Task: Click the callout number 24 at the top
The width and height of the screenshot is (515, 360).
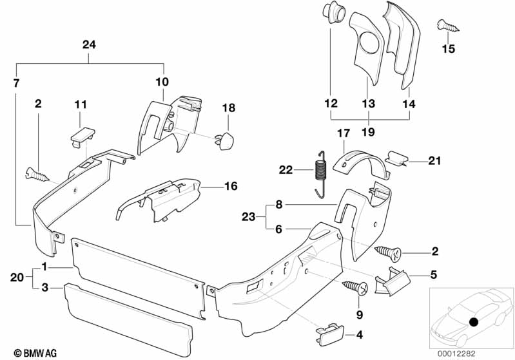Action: pyautogui.click(x=89, y=44)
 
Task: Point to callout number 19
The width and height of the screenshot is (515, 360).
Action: pyautogui.click(x=369, y=132)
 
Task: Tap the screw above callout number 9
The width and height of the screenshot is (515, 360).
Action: pyautogui.click(x=356, y=285)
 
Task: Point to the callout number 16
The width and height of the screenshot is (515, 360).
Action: pyautogui.click(x=229, y=186)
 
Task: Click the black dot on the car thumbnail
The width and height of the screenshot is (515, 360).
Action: pyautogui.click(x=474, y=321)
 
